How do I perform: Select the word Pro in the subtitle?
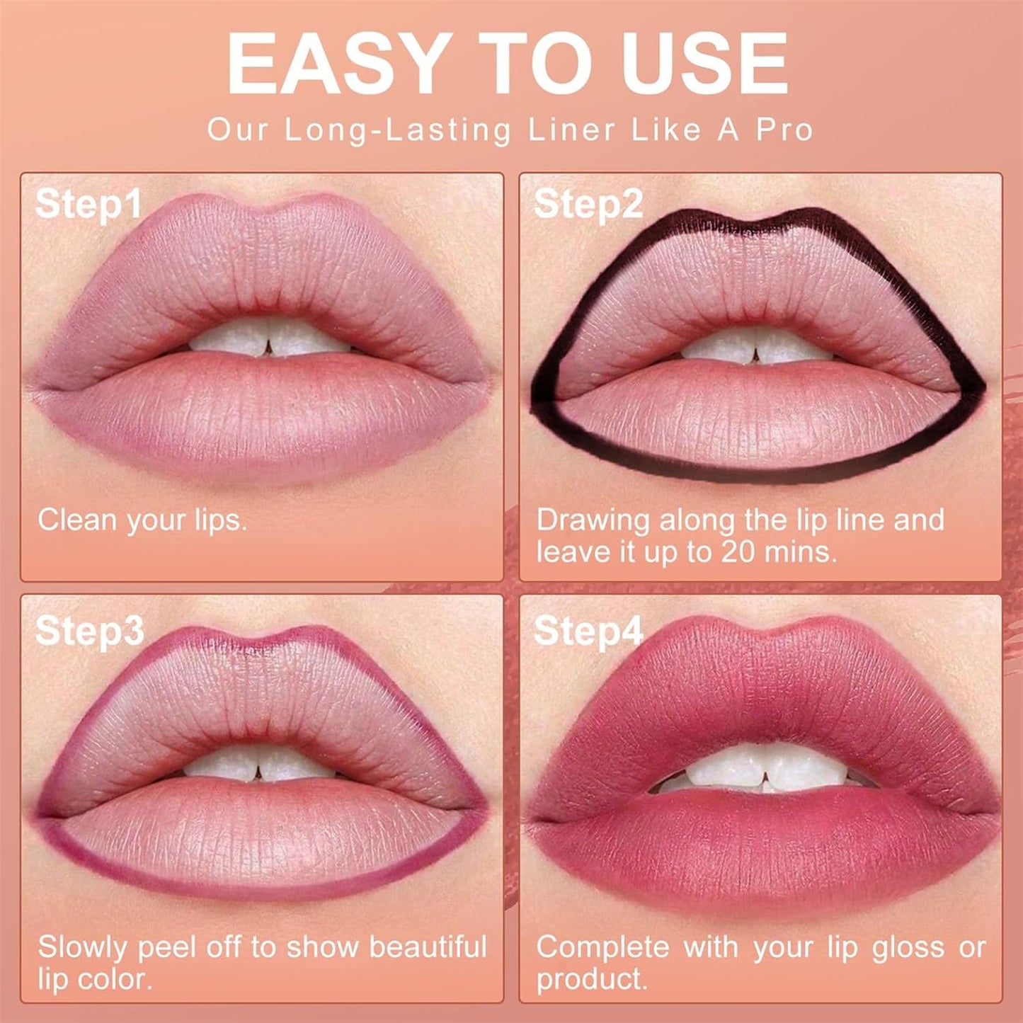click(784, 130)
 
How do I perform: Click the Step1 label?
click(88, 204)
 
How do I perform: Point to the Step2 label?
click(588, 204)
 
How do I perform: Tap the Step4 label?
click(588, 630)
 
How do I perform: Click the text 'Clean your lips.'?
click(142, 520)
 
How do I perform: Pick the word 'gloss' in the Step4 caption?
click(908, 947)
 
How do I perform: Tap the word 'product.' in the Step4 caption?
click(592, 979)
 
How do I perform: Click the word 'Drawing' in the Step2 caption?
click(593, 520)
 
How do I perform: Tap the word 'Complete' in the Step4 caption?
click(602, 947)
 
